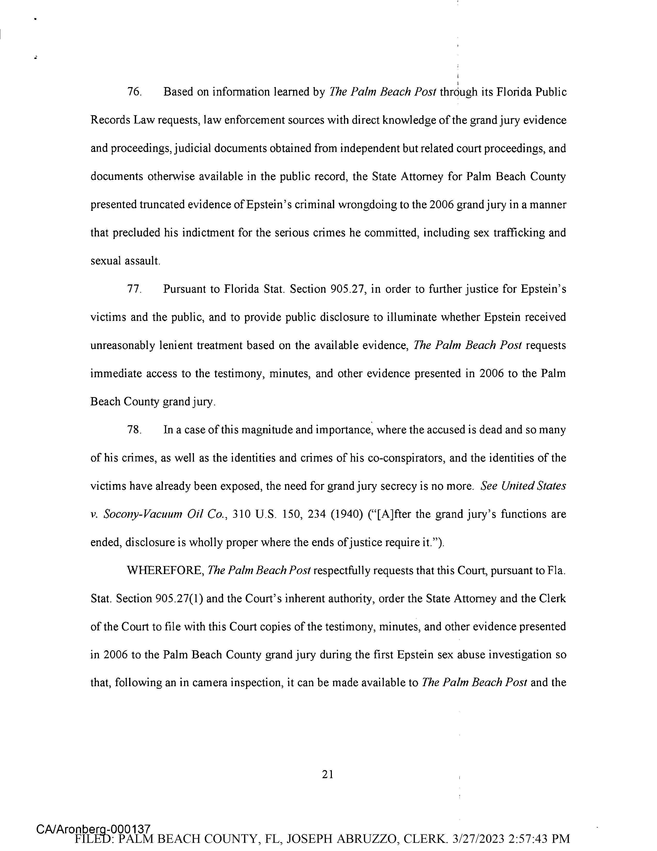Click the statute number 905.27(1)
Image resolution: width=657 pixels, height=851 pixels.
point(179,599)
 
